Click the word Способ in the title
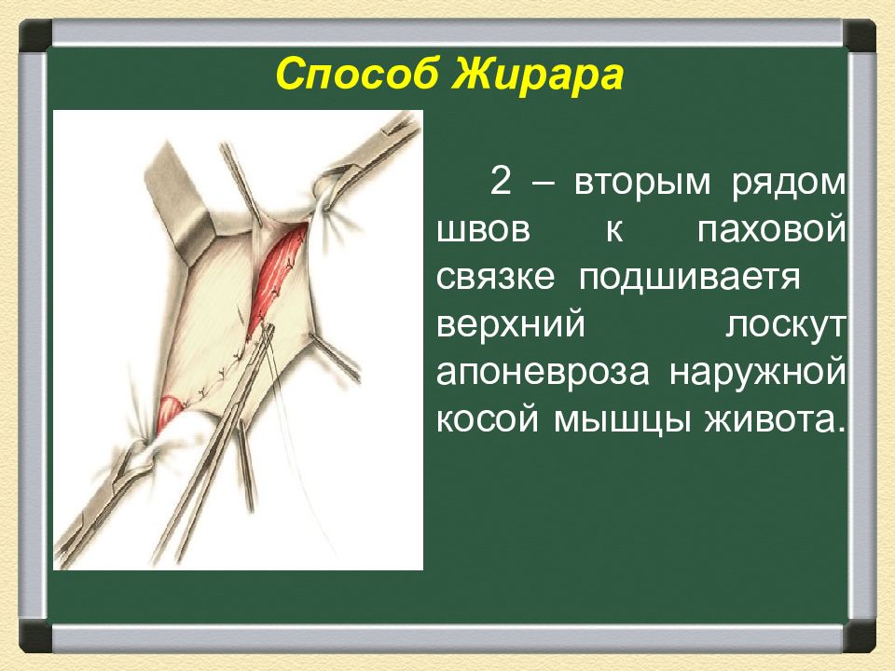(358, 75)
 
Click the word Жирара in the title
(538, 74)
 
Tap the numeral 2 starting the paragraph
(500, 183)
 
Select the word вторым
(642, 184)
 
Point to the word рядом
(789, 184)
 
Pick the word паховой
(771, 230)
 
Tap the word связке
(495, 278)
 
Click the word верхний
(511, 326)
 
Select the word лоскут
(785, 326)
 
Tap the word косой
(487, 419)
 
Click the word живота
(774, 420)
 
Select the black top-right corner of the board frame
(859, 35)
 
